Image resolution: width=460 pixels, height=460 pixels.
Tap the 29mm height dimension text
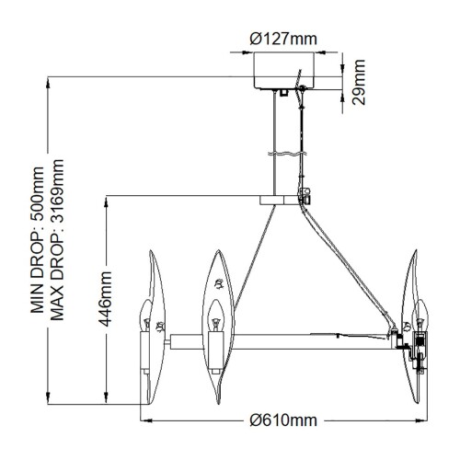coord(360,81)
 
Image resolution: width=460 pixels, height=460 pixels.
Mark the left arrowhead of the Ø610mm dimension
coord(144,420)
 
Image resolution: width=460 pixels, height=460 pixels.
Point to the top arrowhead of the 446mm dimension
coord(109,200)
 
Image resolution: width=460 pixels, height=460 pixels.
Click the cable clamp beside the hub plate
coord(305,194)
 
